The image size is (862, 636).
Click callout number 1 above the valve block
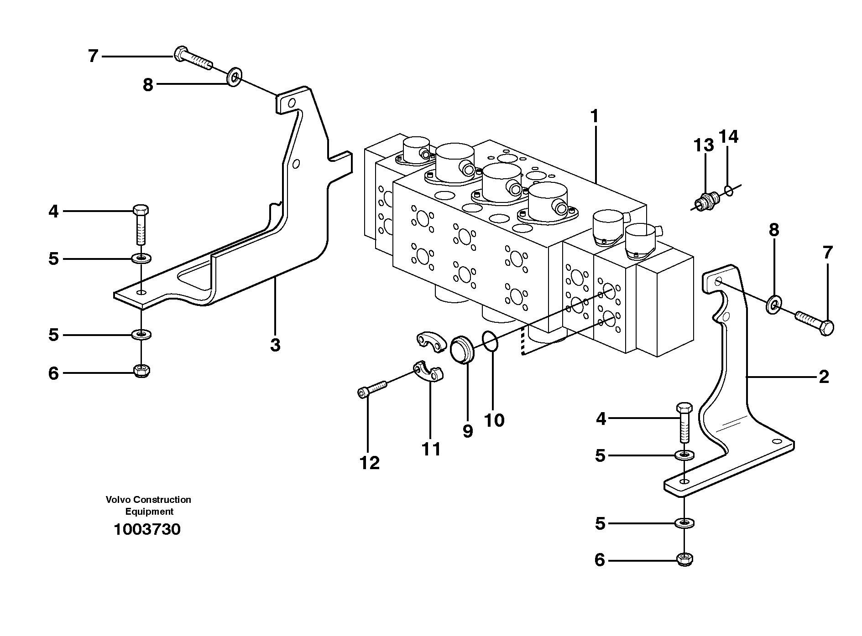(594, 117)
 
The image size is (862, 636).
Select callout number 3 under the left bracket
(275, 345)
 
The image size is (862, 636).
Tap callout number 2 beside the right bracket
(824, 377)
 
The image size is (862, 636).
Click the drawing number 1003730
(147, 529)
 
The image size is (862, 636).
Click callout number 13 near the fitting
(703, 145)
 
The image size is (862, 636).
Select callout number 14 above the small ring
(728, 136)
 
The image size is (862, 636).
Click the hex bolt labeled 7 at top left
(192, 58)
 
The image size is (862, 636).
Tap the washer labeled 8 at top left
(235, 78)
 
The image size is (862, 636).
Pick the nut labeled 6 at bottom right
(684, 559)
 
